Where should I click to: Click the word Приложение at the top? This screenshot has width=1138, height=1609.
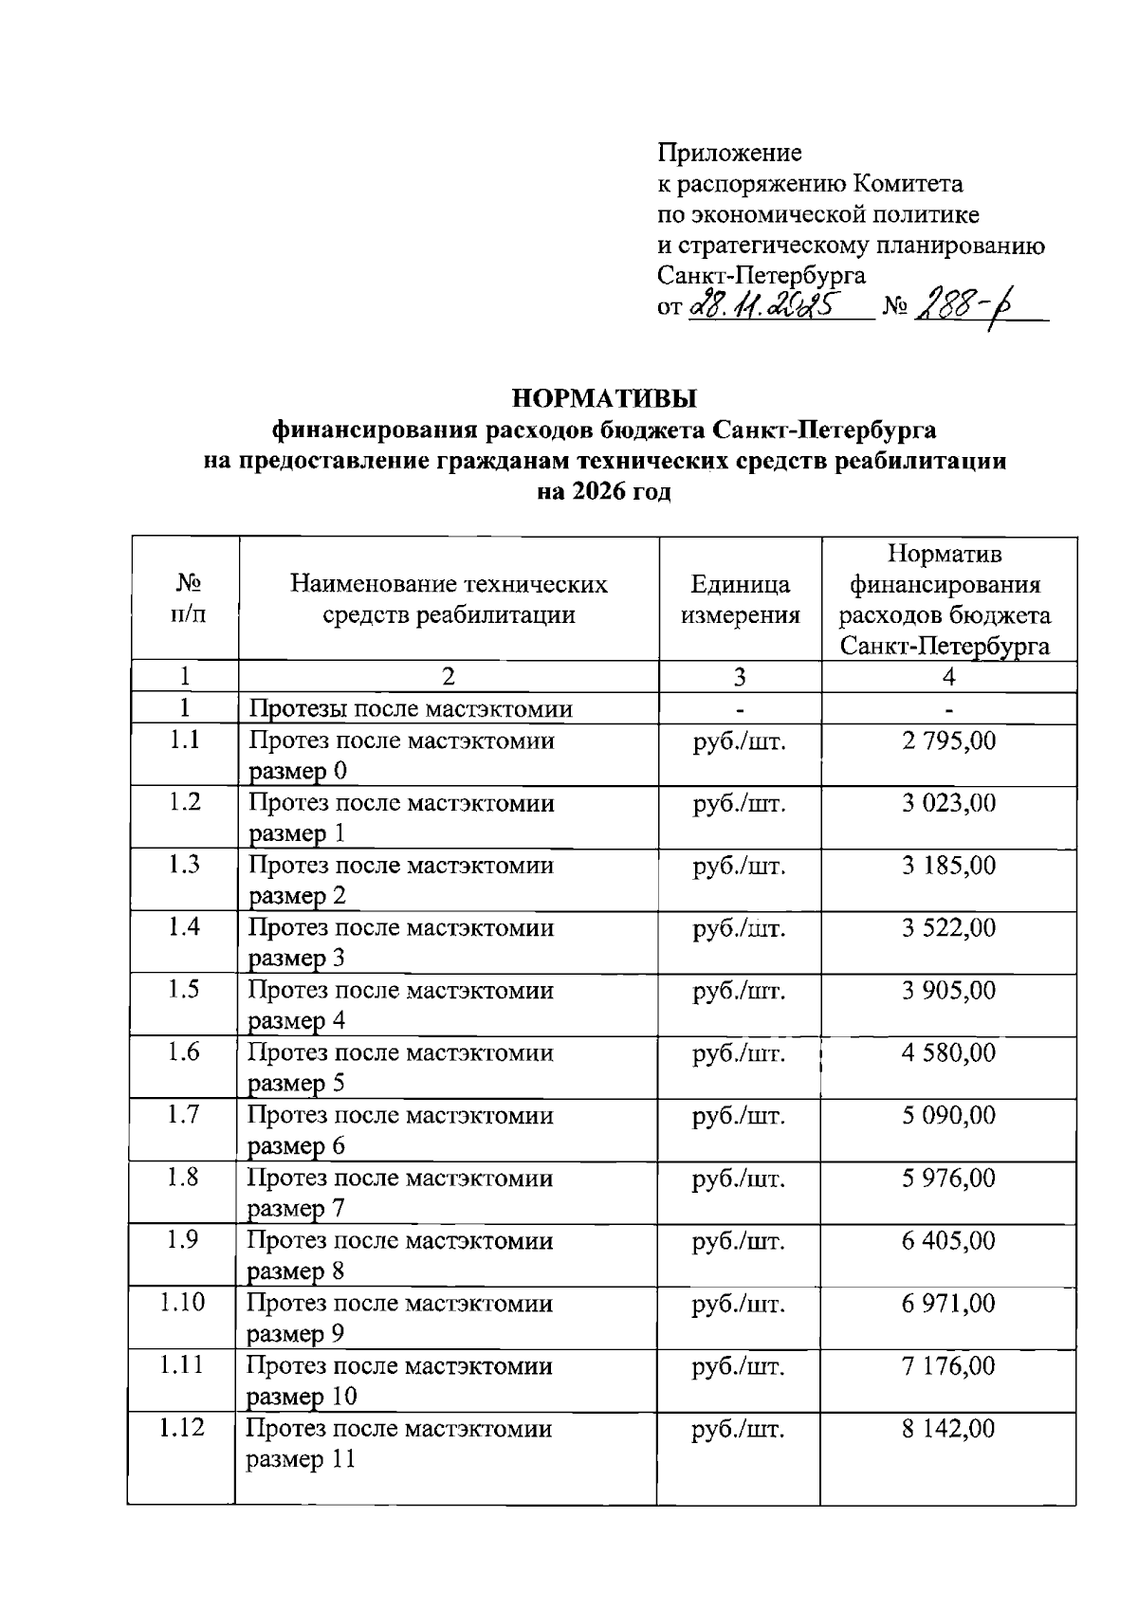click(729, 153)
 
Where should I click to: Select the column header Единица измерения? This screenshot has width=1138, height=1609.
click(740, 599)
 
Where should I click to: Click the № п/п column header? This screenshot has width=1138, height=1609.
click(185, 599)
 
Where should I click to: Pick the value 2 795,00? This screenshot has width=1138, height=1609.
click(948, 741)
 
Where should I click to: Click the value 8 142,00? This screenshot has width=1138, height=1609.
click(948, 1429)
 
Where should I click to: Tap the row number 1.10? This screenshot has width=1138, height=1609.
click(182, 1302)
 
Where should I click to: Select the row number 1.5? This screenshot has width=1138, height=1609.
click(184, 989)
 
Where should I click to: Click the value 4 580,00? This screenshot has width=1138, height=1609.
click(948, 1052)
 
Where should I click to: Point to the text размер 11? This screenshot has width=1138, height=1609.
click(301, 1459)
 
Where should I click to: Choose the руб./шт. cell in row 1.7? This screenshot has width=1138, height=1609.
click(739, 1116)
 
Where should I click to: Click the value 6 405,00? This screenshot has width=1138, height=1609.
click(948, 1240)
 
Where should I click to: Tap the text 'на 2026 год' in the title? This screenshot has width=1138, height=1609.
click(604, 493)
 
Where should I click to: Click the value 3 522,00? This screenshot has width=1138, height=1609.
click(948, 927)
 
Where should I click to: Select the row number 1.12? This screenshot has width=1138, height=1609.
click(182, 1427)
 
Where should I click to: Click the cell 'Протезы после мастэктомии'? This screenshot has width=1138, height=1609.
click(411, 709)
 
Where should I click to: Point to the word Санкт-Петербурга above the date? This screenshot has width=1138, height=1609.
click(762, 276)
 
